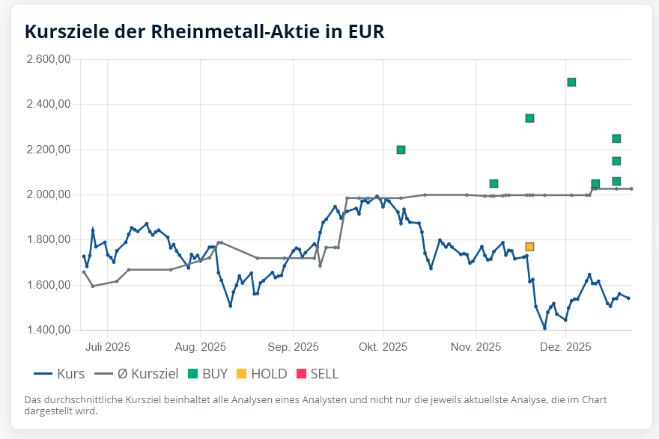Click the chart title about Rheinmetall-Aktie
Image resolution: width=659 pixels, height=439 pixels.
204,31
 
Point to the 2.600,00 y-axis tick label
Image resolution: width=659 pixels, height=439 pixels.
49,59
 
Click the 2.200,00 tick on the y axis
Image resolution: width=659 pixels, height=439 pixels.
49,150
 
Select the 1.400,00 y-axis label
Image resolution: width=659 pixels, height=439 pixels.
49,330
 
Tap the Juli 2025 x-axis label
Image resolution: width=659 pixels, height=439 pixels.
107,347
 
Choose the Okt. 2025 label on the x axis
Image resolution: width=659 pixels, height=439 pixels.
383,347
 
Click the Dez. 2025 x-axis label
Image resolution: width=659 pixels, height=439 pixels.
565,347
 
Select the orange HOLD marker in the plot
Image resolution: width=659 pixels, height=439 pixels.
529,247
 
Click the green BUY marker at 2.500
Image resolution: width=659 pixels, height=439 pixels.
571,82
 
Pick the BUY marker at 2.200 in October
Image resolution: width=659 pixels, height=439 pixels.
401,150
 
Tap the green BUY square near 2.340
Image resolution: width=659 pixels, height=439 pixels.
529,118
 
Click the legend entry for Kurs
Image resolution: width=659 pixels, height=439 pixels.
60,373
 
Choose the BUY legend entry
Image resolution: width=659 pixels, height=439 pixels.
207,373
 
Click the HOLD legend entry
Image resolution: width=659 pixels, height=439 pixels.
261,373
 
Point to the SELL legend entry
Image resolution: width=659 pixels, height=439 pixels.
317,373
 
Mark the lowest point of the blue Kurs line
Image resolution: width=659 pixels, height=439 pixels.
544,328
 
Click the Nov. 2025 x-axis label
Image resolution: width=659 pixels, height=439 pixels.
476,347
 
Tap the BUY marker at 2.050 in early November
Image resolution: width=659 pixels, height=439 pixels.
494,184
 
